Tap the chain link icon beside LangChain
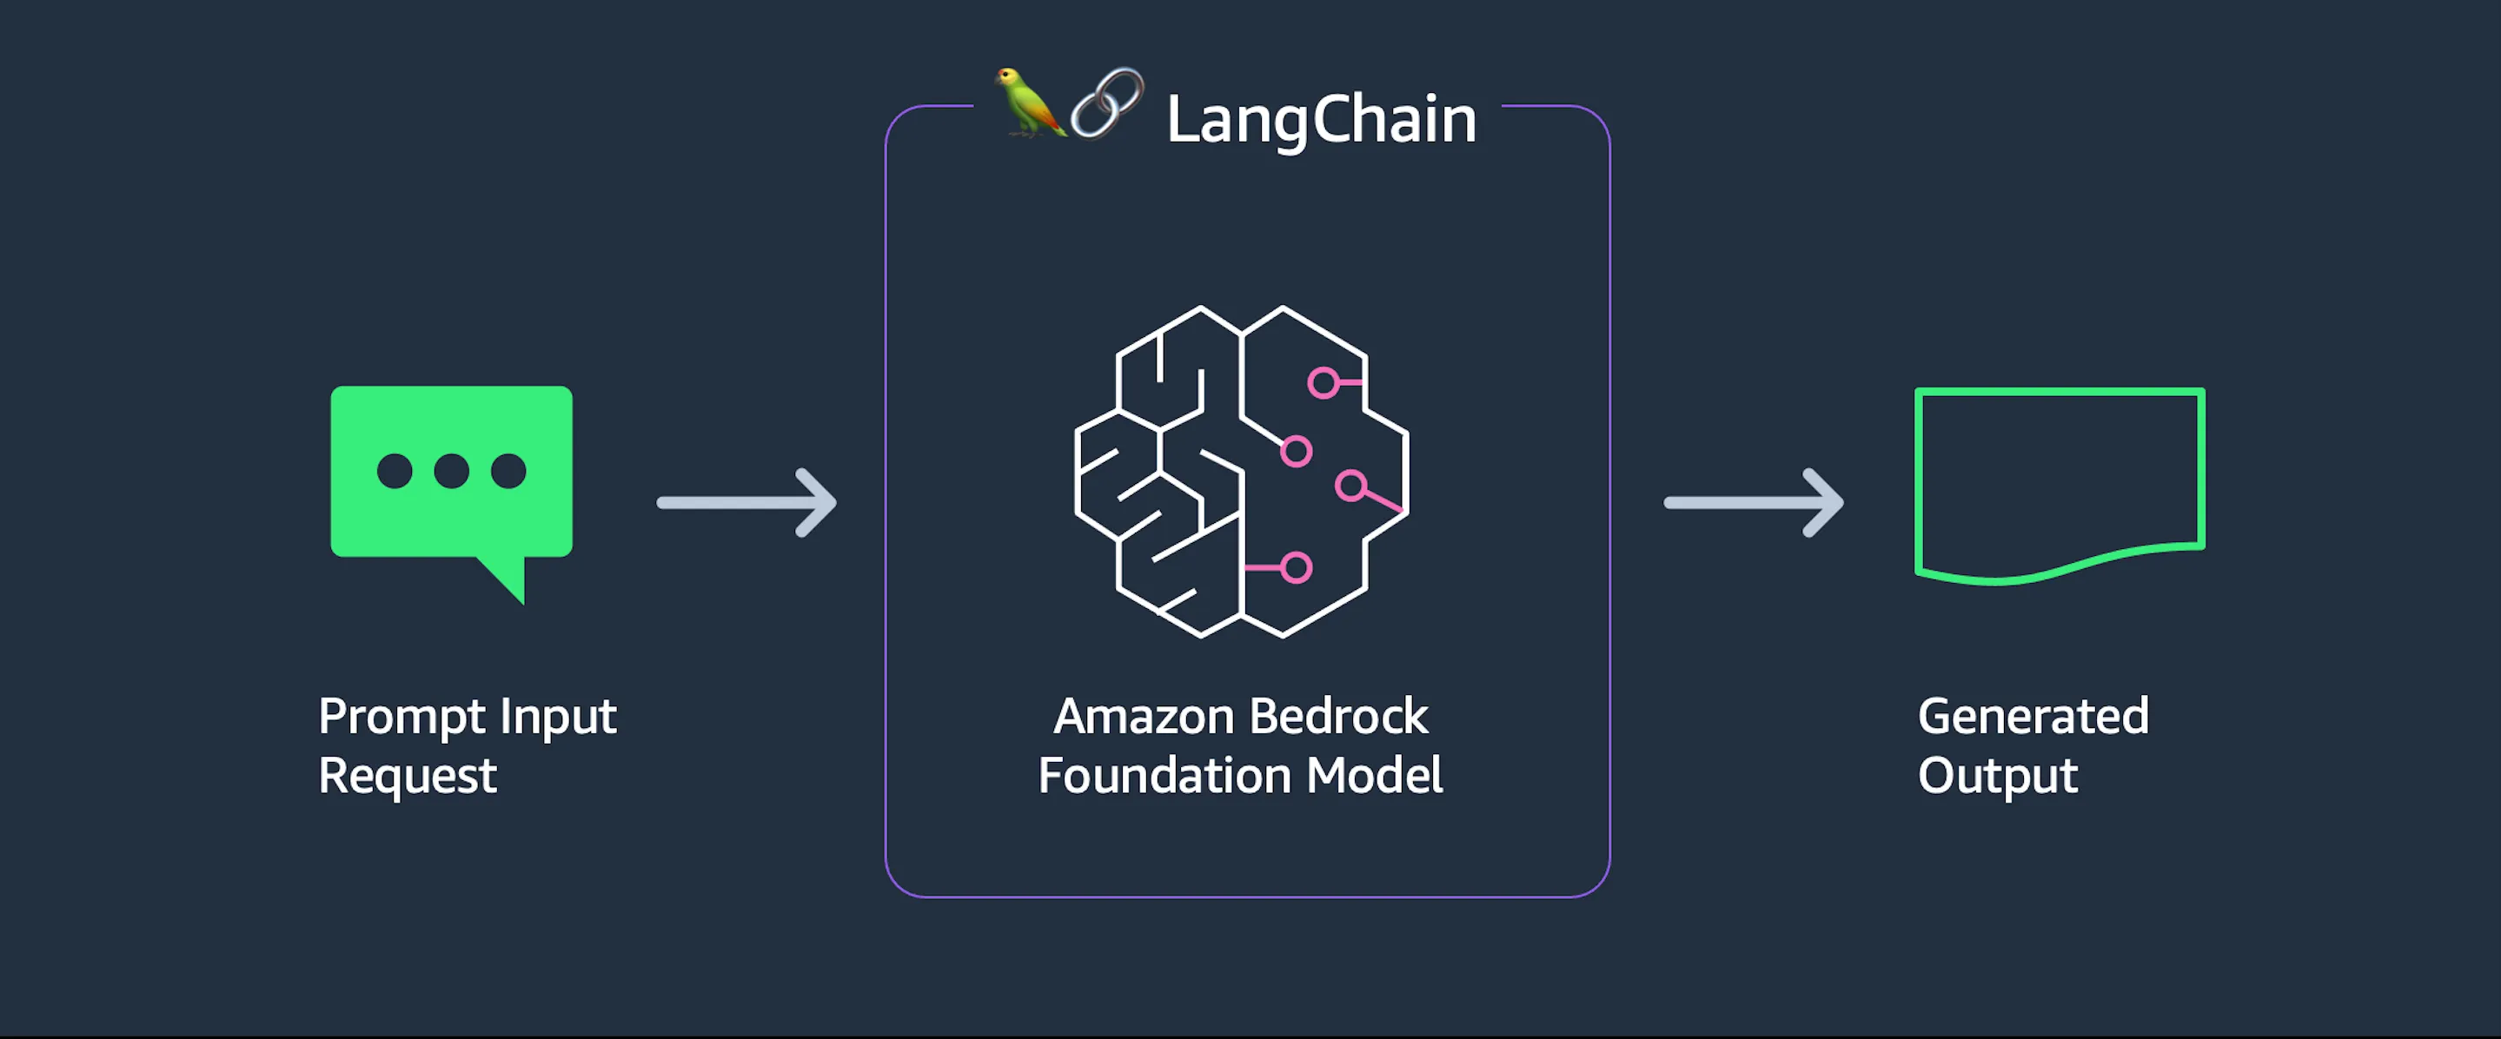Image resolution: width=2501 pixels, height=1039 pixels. (x=1107, y=103)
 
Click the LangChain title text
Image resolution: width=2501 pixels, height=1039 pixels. (x=1320, y=119)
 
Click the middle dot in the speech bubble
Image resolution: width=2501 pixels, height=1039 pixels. (x=452, y=471)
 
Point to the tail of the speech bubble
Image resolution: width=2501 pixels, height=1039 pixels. (x=507, y=579)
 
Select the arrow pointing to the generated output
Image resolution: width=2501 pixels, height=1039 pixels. (x=1753, y=502)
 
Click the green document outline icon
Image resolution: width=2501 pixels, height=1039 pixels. (x=2060, y=483)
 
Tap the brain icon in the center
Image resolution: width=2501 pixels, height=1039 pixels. (x=1241, y=472)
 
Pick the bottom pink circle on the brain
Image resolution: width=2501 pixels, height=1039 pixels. (x=1297, y=568)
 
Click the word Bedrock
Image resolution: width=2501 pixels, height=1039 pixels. (x=1338, y=717)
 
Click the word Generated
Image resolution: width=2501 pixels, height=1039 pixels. (x=2033, y=717)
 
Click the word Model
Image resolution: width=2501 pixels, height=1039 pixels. (x=1374, y=776)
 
